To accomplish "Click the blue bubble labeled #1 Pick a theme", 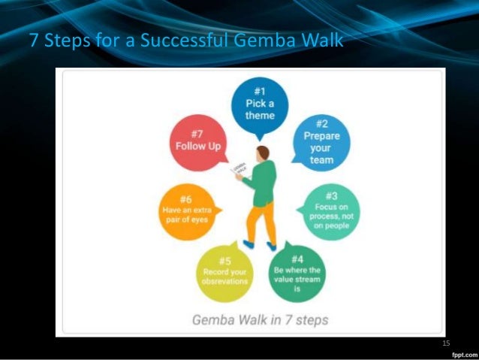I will coord(260,106).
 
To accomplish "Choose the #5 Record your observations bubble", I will coord(223,274).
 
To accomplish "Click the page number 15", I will coord(446,343).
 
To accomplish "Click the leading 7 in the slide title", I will coord(33,40).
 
